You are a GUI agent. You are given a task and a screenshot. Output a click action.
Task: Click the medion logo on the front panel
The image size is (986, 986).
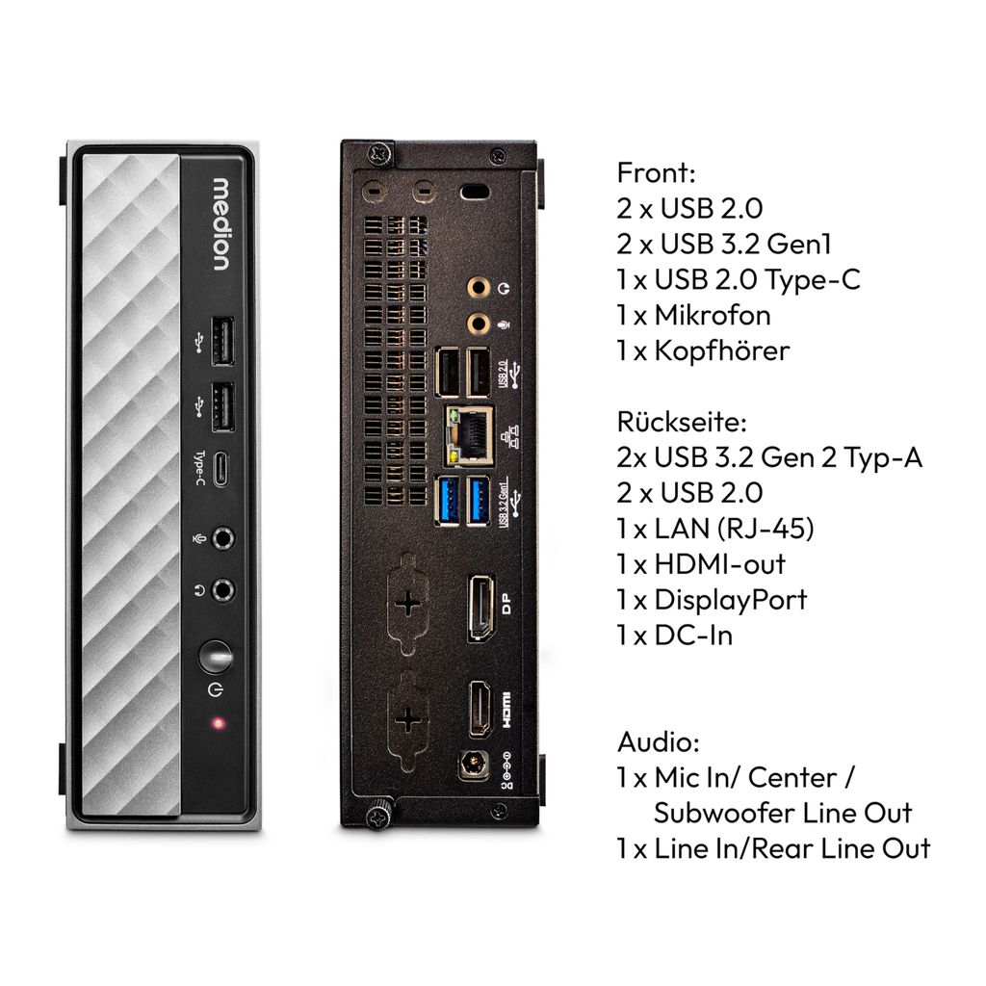221,224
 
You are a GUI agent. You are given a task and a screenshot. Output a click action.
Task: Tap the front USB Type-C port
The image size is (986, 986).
221,469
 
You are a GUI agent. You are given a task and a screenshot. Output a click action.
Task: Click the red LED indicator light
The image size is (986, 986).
219,723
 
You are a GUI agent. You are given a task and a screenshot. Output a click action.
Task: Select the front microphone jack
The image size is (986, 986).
222,539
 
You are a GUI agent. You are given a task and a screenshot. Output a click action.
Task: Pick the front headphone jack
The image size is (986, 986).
222,590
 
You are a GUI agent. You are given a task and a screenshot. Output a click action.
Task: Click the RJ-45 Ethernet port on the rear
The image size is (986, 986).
469,435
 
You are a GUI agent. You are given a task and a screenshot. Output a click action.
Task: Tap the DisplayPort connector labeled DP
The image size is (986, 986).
480,608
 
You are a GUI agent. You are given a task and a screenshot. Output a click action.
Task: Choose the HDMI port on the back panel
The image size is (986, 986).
480,709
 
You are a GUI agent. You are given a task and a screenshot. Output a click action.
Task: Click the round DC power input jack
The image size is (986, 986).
473,765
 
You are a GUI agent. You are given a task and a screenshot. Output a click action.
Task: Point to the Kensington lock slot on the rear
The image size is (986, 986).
475,192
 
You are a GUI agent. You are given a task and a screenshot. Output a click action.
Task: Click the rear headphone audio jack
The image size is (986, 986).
478,289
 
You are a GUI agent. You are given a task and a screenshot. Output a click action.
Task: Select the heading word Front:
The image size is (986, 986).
656,172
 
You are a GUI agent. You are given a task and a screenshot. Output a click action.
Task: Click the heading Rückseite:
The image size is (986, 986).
682,421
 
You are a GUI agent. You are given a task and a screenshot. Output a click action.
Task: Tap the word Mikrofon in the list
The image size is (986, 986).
713,315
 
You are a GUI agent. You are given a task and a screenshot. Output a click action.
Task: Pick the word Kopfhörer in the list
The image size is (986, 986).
722,350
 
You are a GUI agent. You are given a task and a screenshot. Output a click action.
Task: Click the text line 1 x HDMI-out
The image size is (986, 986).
701,564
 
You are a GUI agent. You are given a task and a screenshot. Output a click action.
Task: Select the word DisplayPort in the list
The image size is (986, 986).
731,601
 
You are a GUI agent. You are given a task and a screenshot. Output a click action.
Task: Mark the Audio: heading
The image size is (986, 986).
659,742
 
